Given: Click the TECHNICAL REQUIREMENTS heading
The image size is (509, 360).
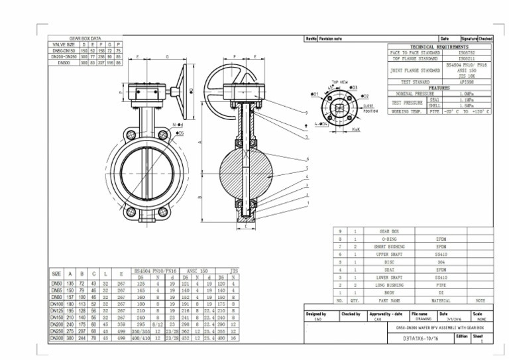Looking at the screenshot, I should [x=439, y=47].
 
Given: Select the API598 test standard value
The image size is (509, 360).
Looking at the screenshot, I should [x=466, y=82].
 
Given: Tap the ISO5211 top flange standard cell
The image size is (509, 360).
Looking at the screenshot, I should [x=466, y=59].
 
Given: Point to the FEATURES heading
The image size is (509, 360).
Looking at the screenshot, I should [x=439, y=88].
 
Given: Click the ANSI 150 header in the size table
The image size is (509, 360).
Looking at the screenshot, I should [x=199, y=271].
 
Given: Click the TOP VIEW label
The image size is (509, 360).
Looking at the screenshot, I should [x=340, y=83].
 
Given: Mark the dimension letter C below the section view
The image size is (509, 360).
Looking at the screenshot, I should [x=246, y=225].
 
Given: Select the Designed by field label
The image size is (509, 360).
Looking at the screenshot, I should [x=316, y=313].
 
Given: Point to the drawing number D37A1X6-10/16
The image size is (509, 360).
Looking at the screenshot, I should [x=423, y=337].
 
